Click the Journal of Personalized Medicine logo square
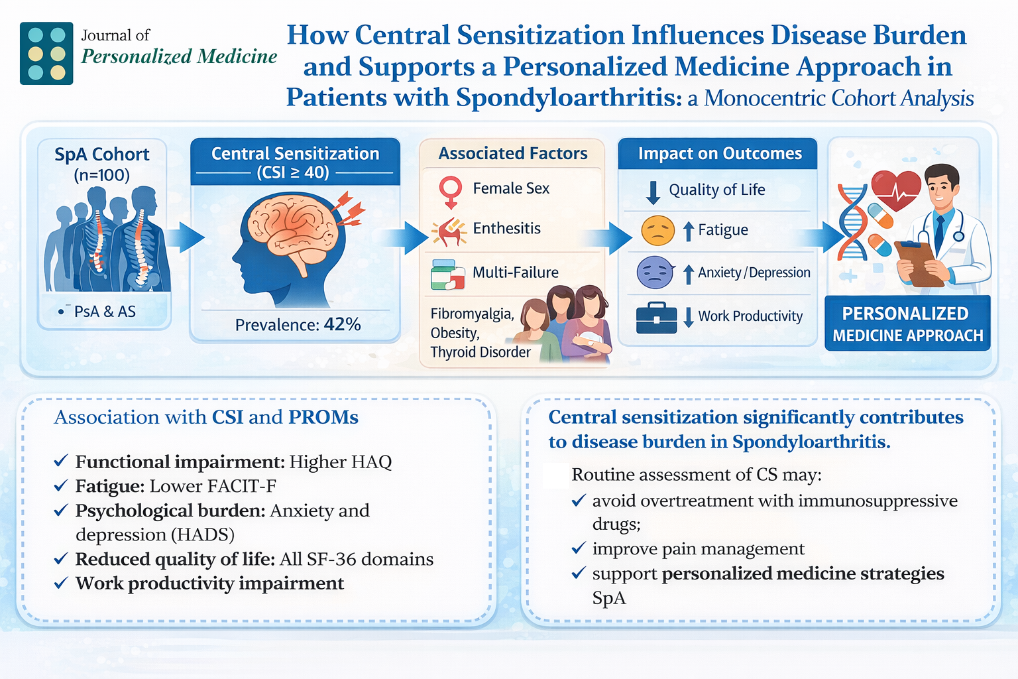(46, 53)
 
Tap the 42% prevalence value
(343, 324)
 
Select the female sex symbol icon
(451, 191)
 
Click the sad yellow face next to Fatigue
(657, 231)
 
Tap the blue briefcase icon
(656, 318)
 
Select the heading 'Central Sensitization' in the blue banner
(295, 154)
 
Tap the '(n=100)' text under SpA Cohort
(101, 175)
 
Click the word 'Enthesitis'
(506, 229)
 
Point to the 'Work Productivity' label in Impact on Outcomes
(750, 316)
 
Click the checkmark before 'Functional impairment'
(61, 461)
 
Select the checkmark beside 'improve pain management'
(579, 548)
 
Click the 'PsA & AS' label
(105, 312)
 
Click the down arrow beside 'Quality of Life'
(653, 192)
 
